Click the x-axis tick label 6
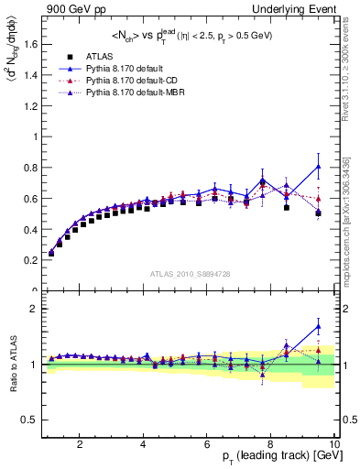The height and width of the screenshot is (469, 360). click(x=208, y=445)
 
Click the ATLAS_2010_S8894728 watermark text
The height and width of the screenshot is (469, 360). click(x=190, y=274)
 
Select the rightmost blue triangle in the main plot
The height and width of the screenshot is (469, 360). click(x=318, y=166)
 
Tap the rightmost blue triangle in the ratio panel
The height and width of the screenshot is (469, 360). click(x=318, y=326)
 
